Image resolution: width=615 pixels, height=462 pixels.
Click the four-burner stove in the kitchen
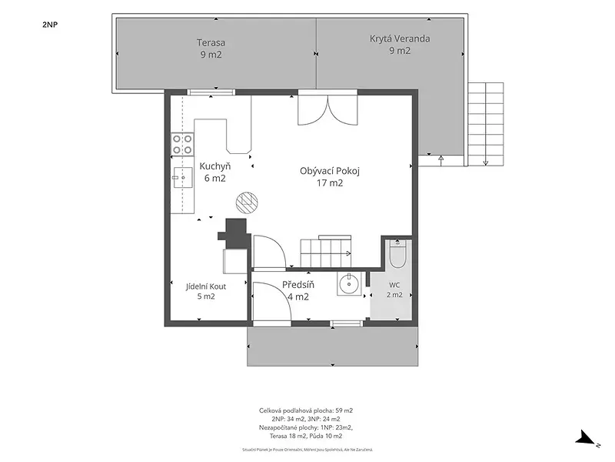point(183,144)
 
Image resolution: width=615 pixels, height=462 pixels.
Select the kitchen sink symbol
point(183,178)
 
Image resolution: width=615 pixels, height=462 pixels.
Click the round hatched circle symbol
point(247,202)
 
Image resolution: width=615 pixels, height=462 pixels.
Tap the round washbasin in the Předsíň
point(349,283)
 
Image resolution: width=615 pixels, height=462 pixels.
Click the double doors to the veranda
point(328,108)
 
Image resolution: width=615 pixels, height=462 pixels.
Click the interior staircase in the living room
point(326,251)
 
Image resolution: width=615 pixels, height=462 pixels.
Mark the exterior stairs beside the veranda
point(486,124)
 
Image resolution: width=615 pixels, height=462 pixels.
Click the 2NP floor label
point(50,25)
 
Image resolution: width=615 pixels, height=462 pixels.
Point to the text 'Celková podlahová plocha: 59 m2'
point(306,410)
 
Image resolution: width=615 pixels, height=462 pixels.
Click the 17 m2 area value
point(330,183)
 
